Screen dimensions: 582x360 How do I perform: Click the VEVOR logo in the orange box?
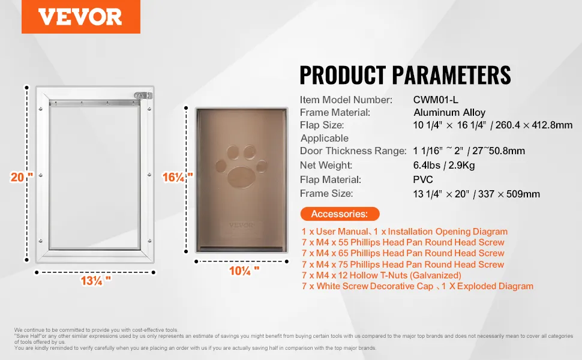click(x=80, y=17)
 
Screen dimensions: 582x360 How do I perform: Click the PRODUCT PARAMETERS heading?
click(x=405, y=75)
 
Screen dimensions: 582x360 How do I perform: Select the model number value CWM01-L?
click(x=436, y=100)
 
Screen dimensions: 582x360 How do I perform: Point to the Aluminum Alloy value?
click(x=449, y=112)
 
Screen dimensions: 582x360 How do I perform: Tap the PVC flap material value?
click(x=423, y=179)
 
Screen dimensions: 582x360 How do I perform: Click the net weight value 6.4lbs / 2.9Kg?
click(x=444, y=165)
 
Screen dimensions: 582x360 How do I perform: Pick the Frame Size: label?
click(x=326, y=194)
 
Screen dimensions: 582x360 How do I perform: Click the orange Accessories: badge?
click(x=340, y=214)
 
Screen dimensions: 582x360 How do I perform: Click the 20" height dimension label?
click(x=22, y=177)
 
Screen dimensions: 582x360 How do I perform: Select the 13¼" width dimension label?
click(x=96, y=281)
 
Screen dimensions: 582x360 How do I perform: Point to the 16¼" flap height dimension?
click(x=178, y=177)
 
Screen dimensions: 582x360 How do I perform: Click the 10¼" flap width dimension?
click(x=244, y=271)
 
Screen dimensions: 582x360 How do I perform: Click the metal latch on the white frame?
click(x=143, y=96)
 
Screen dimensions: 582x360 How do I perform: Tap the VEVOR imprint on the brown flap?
click(x=242, y=225)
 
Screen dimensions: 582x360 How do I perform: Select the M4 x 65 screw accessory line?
click(x=403, y=253)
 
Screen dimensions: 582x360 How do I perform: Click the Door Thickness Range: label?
click(x=353, y=151)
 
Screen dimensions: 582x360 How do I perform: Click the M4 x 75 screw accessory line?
click(x=403, y=265)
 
